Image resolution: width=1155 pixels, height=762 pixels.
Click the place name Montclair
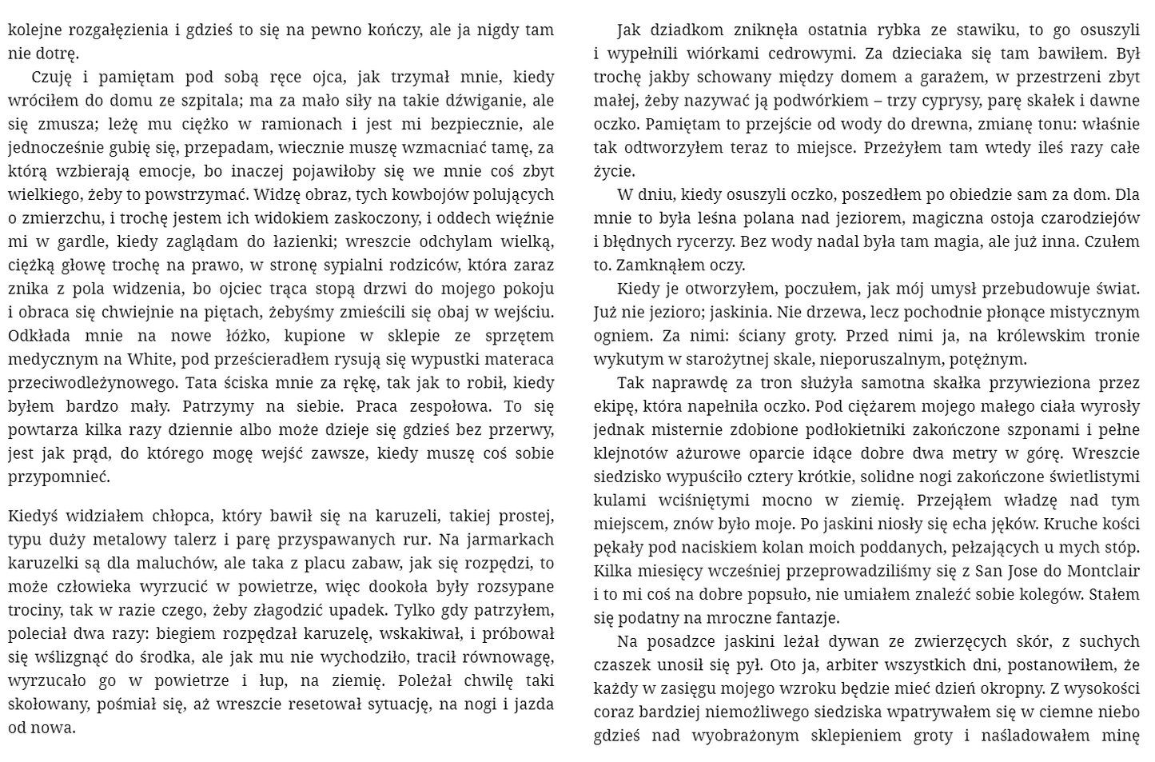coord(1099,572)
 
